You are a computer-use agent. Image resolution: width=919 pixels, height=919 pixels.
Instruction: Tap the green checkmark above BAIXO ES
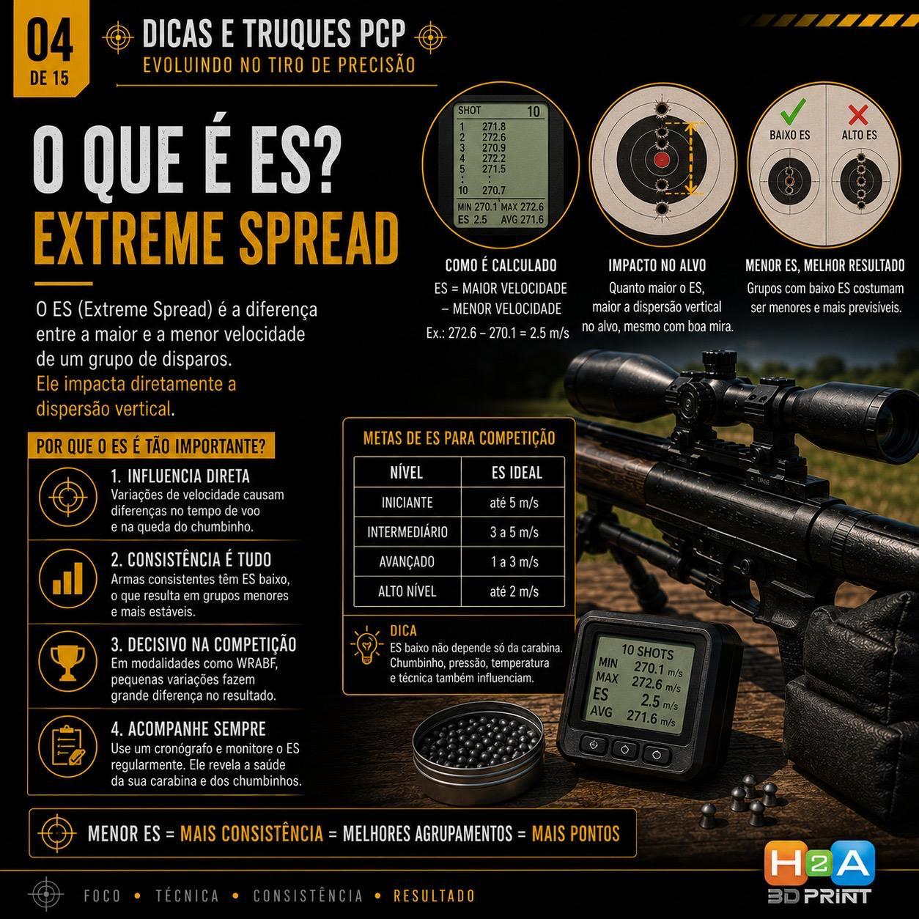pos(793,111)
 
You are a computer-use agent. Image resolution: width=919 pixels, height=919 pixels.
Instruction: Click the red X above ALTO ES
pos(858,114)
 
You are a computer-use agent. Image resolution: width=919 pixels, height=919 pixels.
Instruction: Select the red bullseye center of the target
pos(660,160)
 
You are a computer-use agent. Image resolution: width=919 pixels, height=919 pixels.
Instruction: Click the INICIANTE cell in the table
pos(407,502)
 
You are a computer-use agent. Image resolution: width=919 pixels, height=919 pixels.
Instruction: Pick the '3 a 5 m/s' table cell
pos(514,532)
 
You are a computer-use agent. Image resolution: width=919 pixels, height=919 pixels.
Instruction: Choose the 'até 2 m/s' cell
pos(514,591)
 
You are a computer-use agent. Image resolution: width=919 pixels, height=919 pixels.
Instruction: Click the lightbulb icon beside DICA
pos(366,645)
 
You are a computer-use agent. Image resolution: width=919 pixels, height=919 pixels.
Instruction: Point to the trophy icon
pos(67,662)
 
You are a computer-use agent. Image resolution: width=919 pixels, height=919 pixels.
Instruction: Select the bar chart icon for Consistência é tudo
pos(67,578)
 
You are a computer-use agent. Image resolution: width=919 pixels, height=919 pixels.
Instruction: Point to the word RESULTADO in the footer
pos(434,896)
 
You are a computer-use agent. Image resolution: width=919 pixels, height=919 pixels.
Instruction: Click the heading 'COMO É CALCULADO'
pos(501,265)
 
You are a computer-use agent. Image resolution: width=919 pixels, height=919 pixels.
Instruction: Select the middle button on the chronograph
pos(624,750)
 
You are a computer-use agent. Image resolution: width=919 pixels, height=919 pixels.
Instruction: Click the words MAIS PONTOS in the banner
pos(575,834)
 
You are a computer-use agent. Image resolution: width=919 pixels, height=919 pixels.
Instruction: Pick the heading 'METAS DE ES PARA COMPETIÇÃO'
pos(459,438)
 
